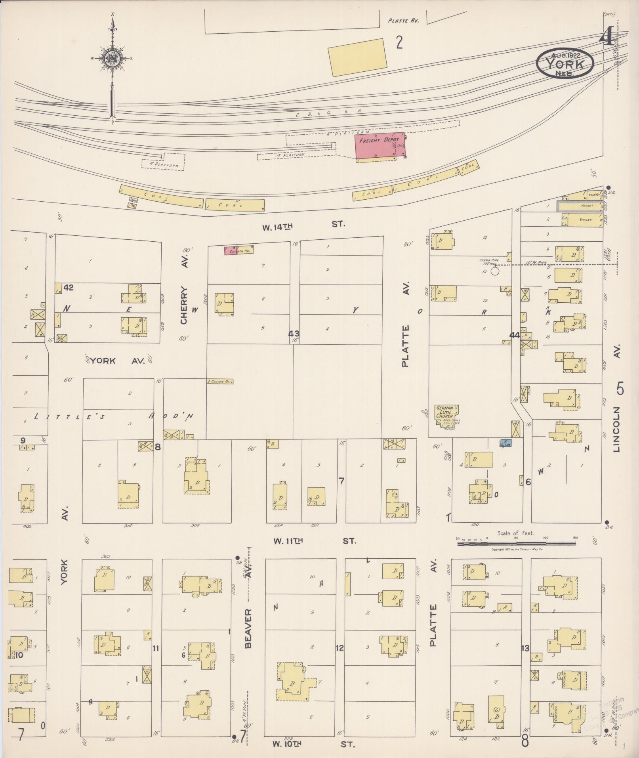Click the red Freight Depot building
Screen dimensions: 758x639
[380, 146]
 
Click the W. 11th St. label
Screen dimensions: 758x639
[315, 541]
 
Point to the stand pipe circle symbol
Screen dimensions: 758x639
[494, 271]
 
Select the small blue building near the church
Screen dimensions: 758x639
[506, 443]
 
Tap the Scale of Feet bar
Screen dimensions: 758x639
[517, 544]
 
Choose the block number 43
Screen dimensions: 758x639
[294, 334]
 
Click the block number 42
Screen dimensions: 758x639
[69, 288]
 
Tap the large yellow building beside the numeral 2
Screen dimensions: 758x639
[358, 57]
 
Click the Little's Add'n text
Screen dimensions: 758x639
[114, 416]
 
